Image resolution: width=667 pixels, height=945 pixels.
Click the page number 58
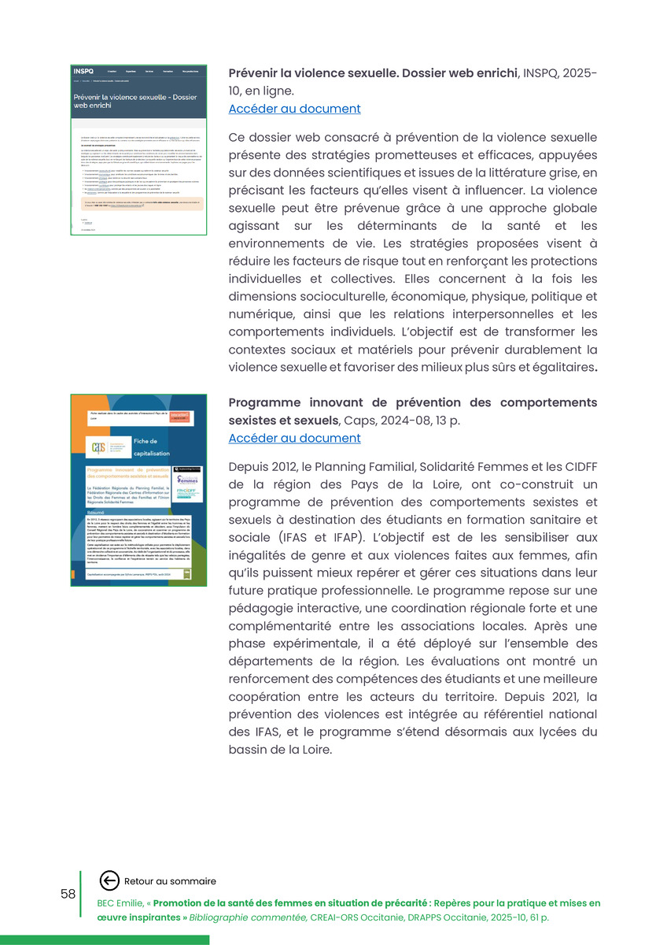pos(68,894)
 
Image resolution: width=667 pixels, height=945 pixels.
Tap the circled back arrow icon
pos(109,881)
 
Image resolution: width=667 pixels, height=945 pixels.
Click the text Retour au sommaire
pos(170,881)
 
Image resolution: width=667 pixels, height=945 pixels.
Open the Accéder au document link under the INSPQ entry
pos(294,109)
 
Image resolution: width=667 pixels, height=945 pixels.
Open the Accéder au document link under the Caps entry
pos(294,438)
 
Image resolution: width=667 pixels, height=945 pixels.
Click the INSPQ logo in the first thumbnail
pos(83,71)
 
